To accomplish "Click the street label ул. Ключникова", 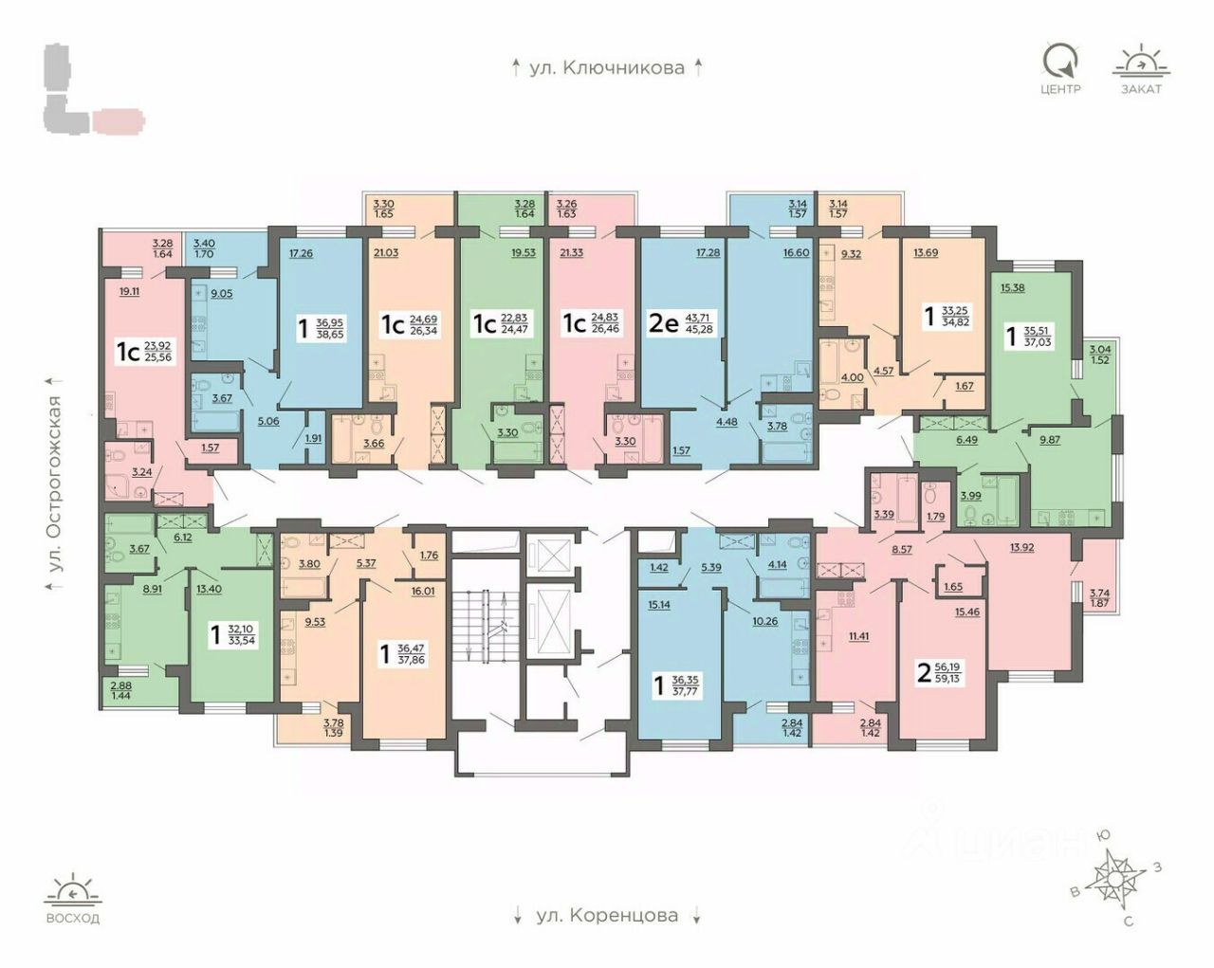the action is point(607,67).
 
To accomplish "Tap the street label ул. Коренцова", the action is point(607,916).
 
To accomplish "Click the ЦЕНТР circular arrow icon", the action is point(1059,61).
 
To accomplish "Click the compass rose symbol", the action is point(1113,877).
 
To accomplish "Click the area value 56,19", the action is point(947,667).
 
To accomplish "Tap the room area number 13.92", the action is point(1022,547).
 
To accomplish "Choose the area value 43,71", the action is point(707,319).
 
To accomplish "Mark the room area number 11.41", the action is point(858,635).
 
